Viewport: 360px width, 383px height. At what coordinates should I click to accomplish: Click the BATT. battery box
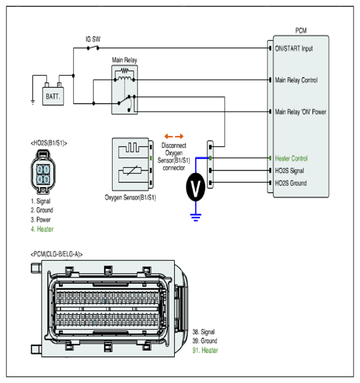point(53,97)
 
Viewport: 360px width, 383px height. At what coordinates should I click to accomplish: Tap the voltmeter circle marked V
point(196,187)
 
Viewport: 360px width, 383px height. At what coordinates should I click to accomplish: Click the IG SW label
point(93,39)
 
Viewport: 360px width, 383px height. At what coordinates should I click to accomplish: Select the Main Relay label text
point(124,60)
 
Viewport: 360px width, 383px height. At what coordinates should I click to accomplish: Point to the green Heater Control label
point(291,158)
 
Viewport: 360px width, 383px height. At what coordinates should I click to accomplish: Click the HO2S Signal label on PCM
point(289,170)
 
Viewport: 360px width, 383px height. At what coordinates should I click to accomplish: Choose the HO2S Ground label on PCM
point(291,183)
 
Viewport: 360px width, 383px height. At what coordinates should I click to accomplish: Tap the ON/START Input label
point(294,49)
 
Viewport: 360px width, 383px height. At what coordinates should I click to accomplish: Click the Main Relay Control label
point(297,80)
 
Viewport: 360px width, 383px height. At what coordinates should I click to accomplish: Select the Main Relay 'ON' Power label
point(300,112)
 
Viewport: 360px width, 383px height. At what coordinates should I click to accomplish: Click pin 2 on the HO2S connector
point(39,169)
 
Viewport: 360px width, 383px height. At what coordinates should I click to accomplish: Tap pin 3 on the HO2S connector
point(47,180)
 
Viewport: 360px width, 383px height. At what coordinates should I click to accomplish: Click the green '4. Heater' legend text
point(42,229)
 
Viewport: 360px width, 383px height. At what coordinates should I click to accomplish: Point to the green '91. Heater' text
point(205,350)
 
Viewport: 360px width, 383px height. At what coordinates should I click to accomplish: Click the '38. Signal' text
point(203,332)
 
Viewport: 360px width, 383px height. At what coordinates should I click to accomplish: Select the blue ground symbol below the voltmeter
point(196,217)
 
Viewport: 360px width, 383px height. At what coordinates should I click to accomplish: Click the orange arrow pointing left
point(168,136)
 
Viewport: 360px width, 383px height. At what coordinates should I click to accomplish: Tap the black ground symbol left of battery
point(33,102)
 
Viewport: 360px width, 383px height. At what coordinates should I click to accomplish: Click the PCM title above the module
point(301,30)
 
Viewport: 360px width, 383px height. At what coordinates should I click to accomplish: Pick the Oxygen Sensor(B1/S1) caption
point(130,198)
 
